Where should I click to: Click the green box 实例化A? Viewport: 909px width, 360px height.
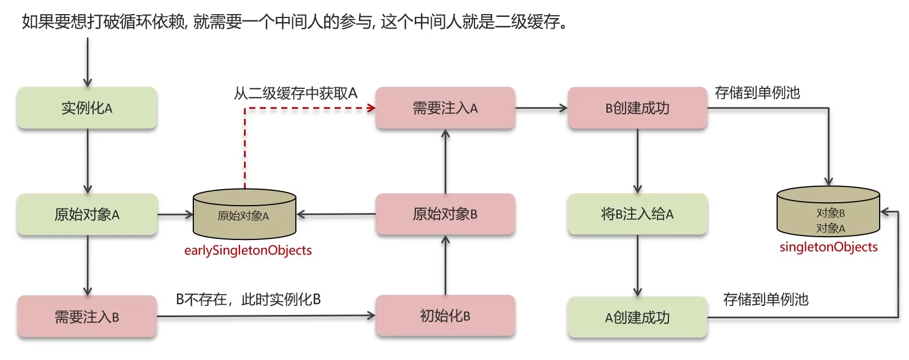[87, 108]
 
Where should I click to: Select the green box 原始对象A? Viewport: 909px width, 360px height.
[87, 214]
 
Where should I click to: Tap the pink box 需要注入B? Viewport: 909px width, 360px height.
[87, 317]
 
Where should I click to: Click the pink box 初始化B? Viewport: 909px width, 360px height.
[445, 316]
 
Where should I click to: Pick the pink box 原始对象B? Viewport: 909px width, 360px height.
[445, 214]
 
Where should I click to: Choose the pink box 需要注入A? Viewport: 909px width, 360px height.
[445, 108]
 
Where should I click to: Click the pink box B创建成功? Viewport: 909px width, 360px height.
[637, 108]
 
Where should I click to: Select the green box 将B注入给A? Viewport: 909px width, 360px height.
[637, 214]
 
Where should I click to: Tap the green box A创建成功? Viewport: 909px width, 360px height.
[637, 317]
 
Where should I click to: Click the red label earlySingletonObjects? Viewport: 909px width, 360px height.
[248, 250]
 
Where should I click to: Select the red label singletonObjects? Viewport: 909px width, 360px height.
[828, 247]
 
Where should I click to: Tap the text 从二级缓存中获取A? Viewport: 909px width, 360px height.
[296, 93]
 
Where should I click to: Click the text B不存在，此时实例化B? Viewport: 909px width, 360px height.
[249, 299]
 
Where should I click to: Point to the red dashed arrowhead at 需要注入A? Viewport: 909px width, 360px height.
[371, 108]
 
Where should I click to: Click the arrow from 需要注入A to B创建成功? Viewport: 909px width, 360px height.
[541, 108]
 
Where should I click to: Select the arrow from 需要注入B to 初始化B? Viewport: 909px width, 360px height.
[265, 316]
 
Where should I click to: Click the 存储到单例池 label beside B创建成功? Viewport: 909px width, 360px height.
[757, 92]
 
